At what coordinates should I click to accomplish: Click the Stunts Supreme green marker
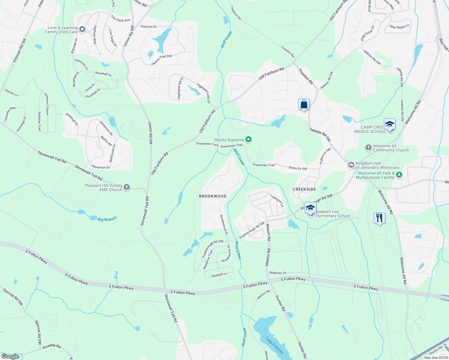click(x=248, y=139)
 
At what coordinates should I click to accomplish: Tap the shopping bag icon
click(x=304, y=104)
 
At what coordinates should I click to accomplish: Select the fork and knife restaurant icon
click(x=379, y=218)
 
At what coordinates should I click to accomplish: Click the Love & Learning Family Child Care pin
click(x=82, y=29)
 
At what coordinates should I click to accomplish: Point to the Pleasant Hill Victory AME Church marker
click(x=126, y=187)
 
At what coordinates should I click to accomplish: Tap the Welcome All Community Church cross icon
click(x=368, y=148)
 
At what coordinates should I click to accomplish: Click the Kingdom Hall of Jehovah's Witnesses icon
click(x=351, y=165)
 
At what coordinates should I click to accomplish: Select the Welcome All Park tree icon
click(x=399, y=175)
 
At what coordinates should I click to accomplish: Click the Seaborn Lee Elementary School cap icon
click(x=310, y=208)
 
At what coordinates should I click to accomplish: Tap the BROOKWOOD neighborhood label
click(x=212, y=196)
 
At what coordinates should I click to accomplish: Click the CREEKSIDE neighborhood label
click(x=304, y=189)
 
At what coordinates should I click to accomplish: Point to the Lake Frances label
click(x=274, y=345)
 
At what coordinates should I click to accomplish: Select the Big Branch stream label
click(x=107, y=219)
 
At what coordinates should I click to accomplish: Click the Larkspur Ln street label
click(x=277, y=201)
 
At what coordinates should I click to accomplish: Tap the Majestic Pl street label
click(x=278, y=273)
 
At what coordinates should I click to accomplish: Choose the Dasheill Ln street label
click(x=219, y=274)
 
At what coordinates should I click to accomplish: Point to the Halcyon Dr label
click(x=149, y=27)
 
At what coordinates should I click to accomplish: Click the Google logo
click(x=10, y=356)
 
